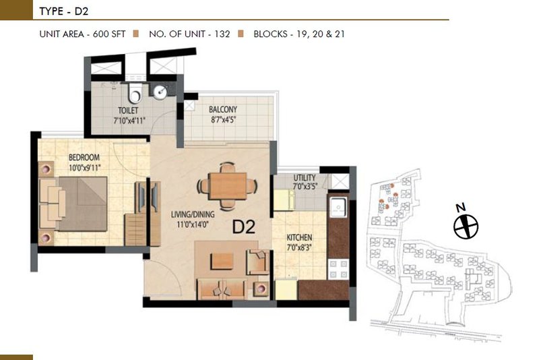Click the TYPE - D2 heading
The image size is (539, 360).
click(x=64, y=11)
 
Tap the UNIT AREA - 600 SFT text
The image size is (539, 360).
click(x=82, y=34)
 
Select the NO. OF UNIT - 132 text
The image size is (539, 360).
click(x=189, y=34)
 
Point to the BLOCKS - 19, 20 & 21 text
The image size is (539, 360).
click(x=299, y=34)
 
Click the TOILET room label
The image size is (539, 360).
click(x=128, y=111)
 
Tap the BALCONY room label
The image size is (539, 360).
click(x=223, y=109)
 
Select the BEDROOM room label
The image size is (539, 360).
click(x=84, y=158)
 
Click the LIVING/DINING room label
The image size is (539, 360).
click(x=193, y=214)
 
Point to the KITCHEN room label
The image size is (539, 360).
click(x=299, y=237)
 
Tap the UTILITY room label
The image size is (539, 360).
click(x=305, y=178)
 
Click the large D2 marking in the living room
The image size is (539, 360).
click(x=244, y=227)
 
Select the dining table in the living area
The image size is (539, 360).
click(x=228, y=185)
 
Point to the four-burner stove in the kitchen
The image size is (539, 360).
click(x=339, y=269)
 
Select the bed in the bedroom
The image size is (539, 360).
click(x=73, y=204)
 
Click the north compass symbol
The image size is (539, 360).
click(x=466, y=227)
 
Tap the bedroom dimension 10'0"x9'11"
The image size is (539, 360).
click(x=85, y=168)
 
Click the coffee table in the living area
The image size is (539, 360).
click(x=222, y=262)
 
